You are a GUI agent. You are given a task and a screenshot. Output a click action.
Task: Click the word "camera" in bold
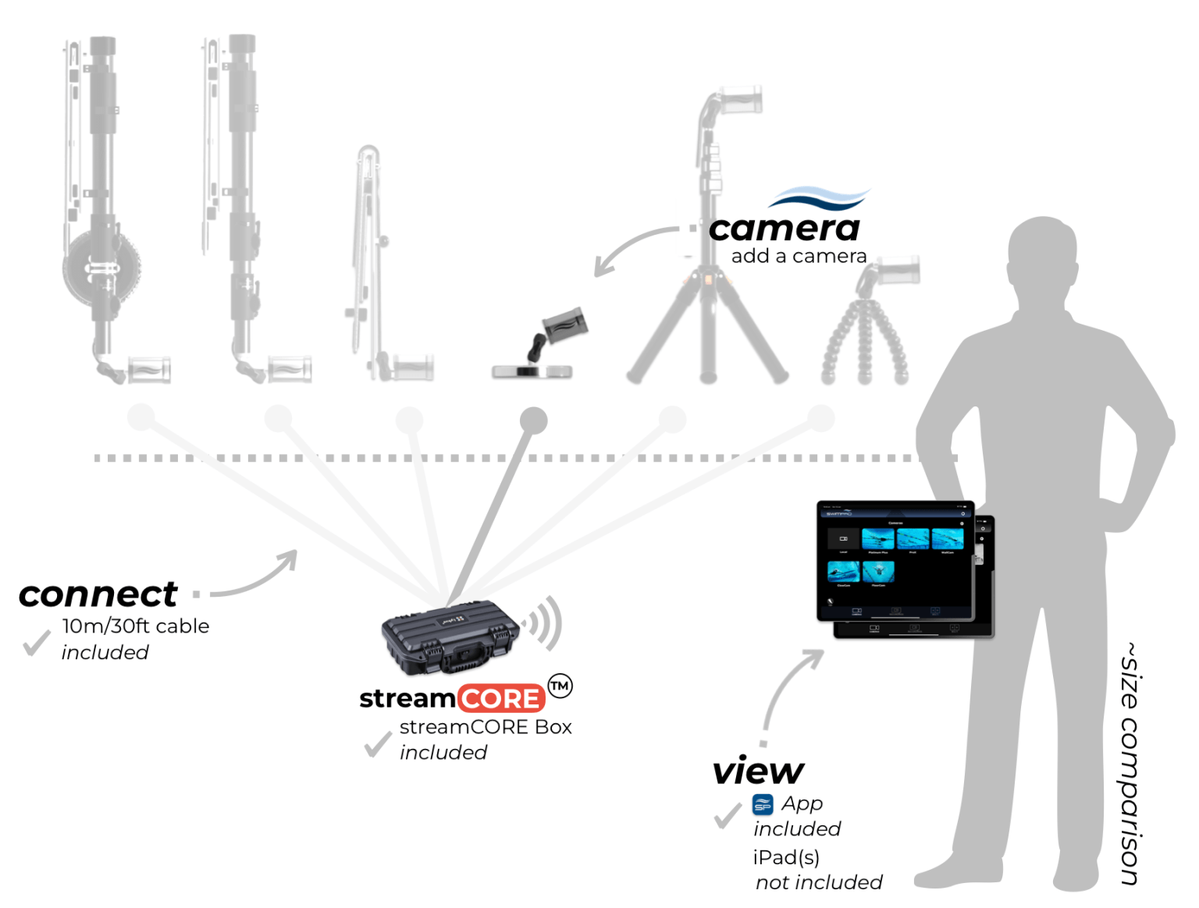[x=784, y=229]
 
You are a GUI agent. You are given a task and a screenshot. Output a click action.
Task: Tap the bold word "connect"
[x=98, y=594]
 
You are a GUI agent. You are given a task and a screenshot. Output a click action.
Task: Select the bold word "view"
[x=757, y=771]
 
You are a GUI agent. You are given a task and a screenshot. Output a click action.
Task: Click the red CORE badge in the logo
[x=500, y=698]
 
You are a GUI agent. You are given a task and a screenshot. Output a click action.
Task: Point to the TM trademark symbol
[x=560, y=686]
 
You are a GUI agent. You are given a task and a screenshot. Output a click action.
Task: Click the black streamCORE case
[x=450, y=636]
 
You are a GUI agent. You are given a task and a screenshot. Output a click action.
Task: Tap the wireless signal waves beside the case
[x=544, y=622]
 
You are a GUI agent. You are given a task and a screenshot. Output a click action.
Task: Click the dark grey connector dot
[x=533, y=420]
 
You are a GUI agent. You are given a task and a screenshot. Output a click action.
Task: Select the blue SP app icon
[x=763, y=804]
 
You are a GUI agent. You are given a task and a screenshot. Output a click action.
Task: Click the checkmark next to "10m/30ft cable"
[x=35, y=643]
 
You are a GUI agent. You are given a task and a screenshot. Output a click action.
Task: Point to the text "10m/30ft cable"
[x=136, y=626]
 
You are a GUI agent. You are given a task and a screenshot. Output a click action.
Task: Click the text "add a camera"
[x=799, y=256]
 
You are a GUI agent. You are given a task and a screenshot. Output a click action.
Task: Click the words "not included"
[x=819, y=882]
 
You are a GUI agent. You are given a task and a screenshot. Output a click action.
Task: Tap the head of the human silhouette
[x=1043, y=257]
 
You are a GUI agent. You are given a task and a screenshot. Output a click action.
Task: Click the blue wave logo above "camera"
[x=820, y=198]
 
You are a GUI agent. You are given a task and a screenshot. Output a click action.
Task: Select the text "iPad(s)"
[x=786, y=857]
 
